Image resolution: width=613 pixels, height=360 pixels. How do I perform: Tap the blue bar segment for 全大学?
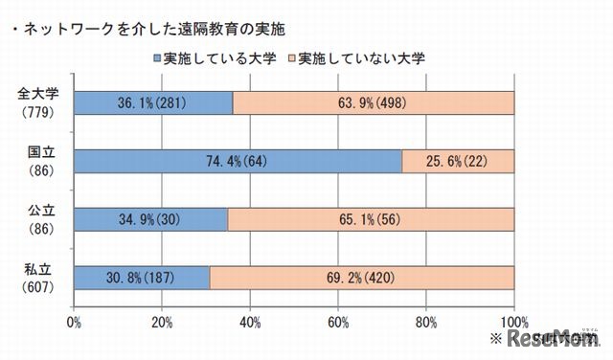(x=152, y=103)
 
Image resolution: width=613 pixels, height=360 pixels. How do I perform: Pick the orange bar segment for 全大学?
(x=374, y=103)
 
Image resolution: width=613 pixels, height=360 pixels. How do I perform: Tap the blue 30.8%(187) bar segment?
(x=141, y=278)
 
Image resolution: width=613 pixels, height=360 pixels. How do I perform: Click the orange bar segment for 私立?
(x=361, y=278)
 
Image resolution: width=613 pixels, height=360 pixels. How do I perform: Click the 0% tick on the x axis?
(x=74, y=322)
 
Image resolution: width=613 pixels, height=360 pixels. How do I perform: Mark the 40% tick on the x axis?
(x=250, y=322)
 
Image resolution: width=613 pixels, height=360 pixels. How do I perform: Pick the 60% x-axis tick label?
(x=338, y=322)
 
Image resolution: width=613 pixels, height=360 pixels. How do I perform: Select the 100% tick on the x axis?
(x=513, y=322)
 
